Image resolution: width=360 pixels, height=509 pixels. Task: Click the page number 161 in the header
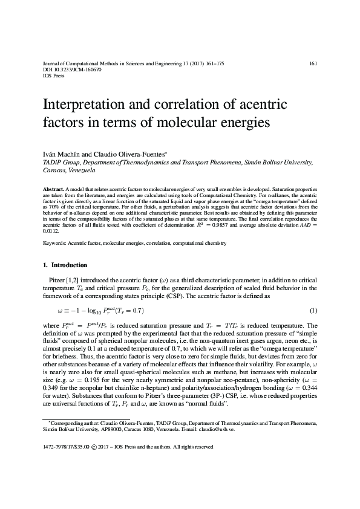(313, 63)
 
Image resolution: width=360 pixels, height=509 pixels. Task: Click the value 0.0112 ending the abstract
(51, 230)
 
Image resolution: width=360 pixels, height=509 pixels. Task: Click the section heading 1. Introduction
(65, 265)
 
